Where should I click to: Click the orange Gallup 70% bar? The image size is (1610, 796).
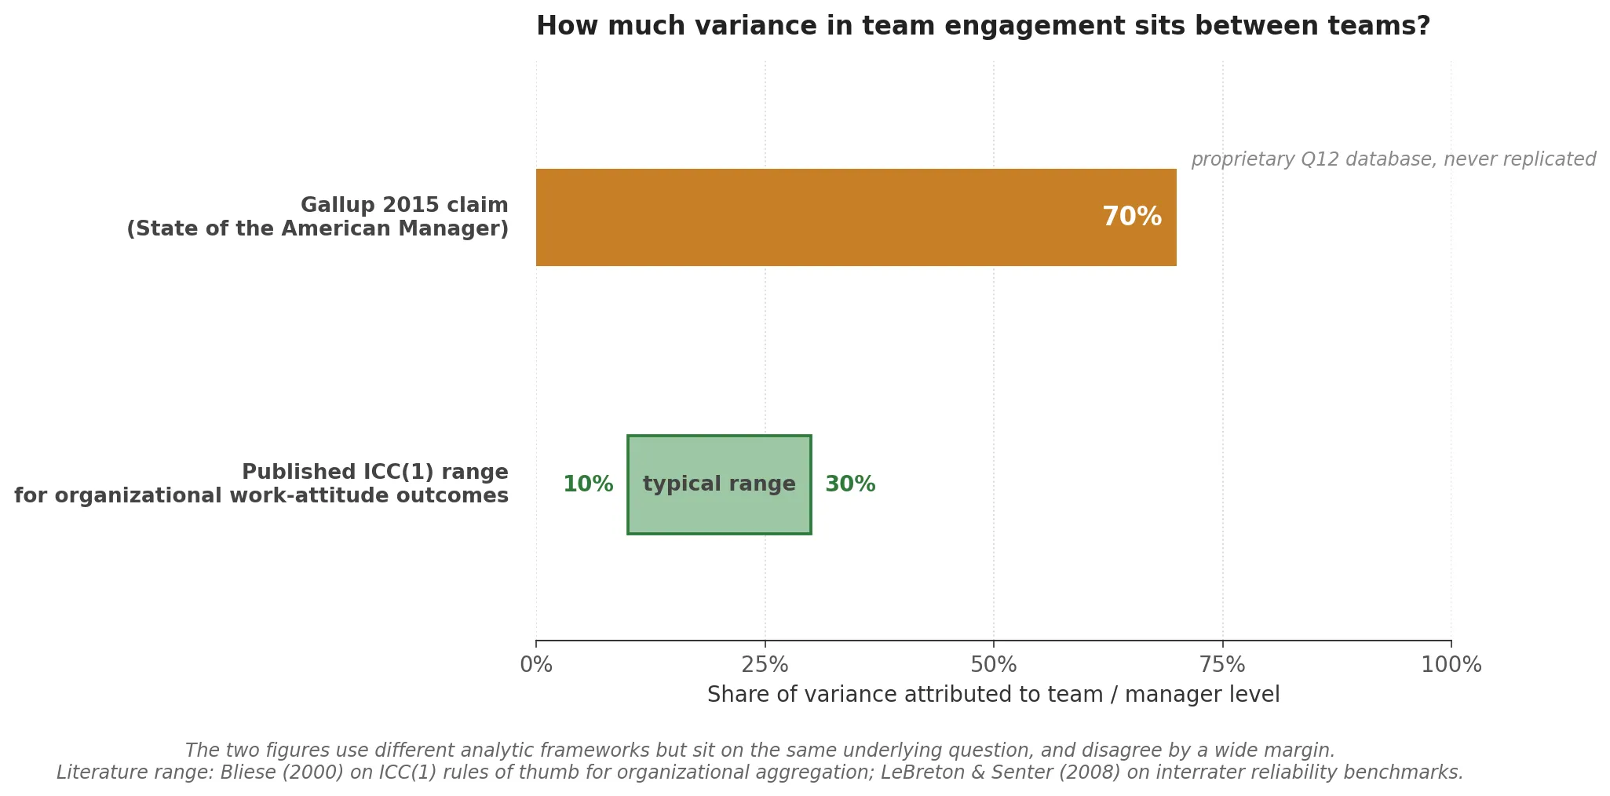(x=816, y=217)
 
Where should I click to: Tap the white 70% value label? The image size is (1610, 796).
(x=1131, y=217)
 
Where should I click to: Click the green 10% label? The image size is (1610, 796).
(x=588, y=484)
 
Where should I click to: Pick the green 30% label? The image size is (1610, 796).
(x=849, y=484)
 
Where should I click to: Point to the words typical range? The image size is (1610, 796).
(x=719, y=484)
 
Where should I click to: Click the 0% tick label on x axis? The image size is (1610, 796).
(x=536, y=665)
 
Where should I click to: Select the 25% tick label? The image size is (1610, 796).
(x=765, y=665)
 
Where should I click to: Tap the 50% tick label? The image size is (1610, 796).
(x=993, y=665)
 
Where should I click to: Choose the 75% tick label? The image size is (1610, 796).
(x=1222, y=665)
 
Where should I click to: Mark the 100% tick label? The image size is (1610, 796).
(x=1451, y=665)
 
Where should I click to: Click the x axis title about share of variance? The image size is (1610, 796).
(x=993, y=695)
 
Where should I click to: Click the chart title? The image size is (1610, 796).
(x=983, y=26)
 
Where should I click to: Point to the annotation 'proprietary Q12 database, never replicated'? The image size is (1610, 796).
(x=1393, y=159)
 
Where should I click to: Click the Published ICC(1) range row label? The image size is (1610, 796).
(x=374, y=473)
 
